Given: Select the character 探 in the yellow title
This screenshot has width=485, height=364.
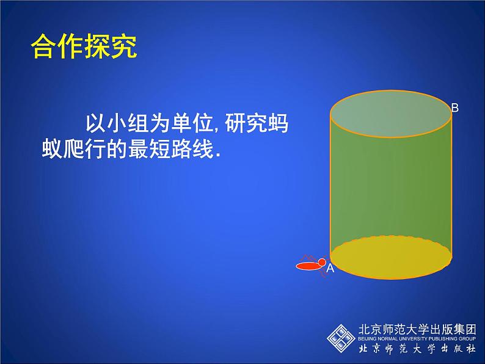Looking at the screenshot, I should tap(97, 47).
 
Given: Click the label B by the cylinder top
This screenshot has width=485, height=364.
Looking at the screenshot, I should tap(454, 108).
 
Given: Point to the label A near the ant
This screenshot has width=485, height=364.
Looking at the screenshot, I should tap(330, 268).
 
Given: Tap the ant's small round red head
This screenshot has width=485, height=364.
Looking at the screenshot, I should tap(322, 263).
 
